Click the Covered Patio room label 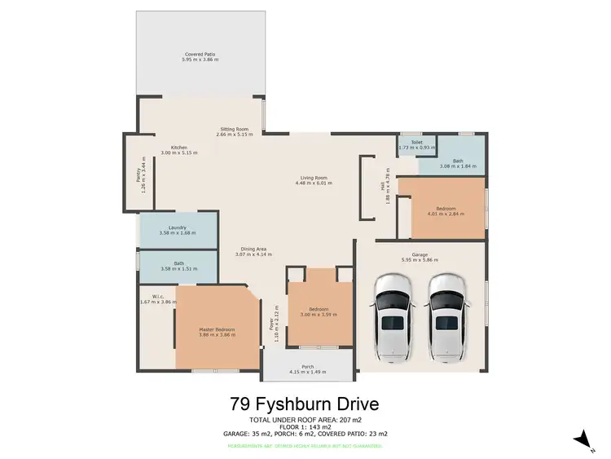click(200, 55)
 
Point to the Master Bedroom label click(217, 329)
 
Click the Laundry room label click(178, 227)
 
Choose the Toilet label click(417, 142)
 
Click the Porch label click(307, 366)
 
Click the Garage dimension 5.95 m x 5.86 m click(420, 260)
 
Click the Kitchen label click(179, 148)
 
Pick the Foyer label click(271, 324)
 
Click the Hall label click(381, 186)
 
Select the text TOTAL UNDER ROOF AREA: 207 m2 click(305, 419)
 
